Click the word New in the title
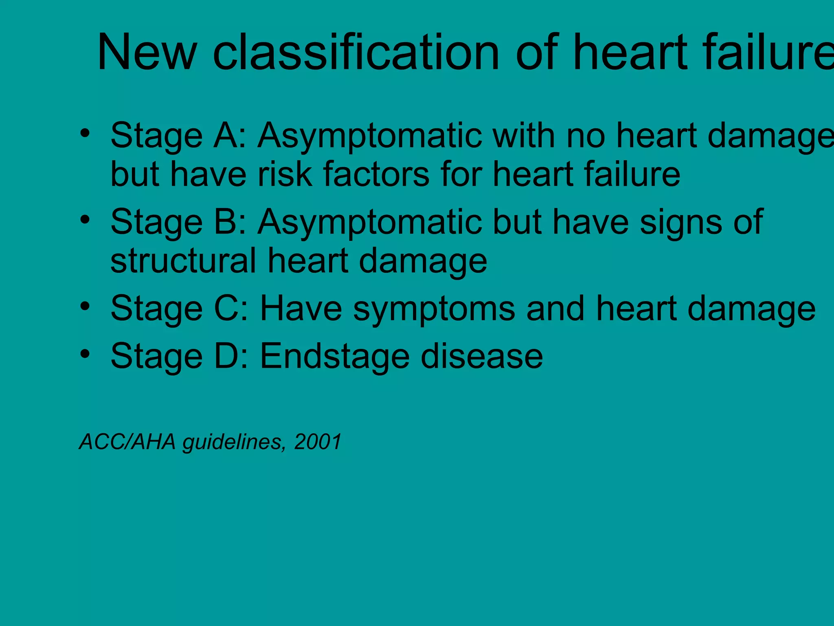[147, 53]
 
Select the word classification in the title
[356, 53]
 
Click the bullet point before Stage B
[85, 220]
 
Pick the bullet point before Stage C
[85, 306]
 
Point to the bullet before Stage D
[85, 354]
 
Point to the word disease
[482, 356]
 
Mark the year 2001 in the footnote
[318, 442]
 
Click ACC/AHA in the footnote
[127, 442]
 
